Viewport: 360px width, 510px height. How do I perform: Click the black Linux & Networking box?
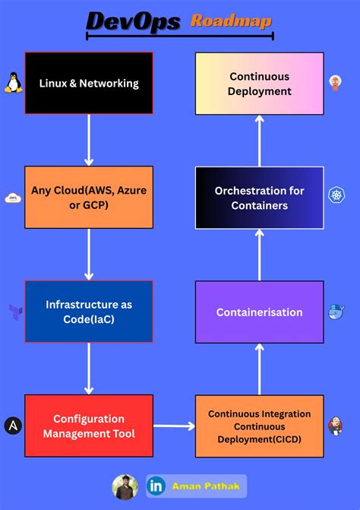[89, 83]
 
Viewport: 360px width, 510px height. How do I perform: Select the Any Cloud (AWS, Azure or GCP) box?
[89, 197]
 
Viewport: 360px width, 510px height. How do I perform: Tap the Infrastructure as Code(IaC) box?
[89, 311]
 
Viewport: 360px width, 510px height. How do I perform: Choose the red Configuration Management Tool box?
[89, 426]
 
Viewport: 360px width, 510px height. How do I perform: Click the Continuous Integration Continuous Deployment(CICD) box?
[259, 426]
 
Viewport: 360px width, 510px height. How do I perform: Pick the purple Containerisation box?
[259, 312]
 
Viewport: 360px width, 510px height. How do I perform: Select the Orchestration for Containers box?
[259, 198]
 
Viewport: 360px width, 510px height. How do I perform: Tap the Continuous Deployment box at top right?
[259, 84]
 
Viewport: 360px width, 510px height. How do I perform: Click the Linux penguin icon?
[12, 83]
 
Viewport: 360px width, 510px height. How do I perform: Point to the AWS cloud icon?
[12, 198]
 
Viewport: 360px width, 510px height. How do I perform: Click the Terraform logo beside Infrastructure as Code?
[14, 312]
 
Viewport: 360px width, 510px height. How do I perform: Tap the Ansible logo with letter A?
[13, 426]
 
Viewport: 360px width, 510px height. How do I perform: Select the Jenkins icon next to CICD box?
[335, 426]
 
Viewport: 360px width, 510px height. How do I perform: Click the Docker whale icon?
[336, 312]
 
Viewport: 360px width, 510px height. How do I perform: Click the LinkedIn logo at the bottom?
[156, 486]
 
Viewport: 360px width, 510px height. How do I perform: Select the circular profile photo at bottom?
[125, 486]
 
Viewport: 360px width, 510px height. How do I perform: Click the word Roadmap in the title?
[230, 21]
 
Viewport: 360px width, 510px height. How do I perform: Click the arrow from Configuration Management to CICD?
[174, 426]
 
